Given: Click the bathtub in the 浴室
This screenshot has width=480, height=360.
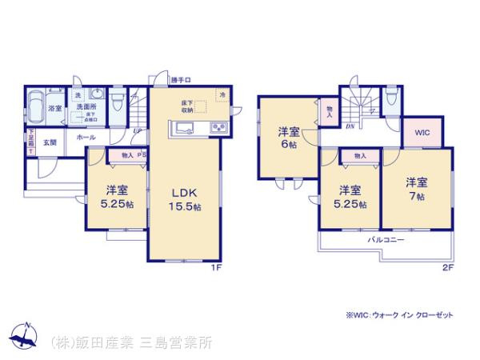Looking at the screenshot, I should click(37, 105).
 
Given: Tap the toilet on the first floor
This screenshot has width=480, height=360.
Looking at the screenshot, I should click(116, 102).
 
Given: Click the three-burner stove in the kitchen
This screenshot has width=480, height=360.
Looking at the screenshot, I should click(218, 129).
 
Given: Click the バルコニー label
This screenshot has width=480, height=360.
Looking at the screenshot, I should click(386, 240).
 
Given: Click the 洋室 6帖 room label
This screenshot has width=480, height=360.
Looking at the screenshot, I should click(289, 138).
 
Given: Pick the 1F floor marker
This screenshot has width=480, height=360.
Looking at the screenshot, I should click(216, 268).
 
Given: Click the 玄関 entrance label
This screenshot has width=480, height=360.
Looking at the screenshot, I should click(50, 142).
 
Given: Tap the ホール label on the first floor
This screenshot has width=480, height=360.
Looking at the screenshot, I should click(86, 138).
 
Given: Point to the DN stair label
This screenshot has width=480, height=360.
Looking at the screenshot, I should click(350, 126).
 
